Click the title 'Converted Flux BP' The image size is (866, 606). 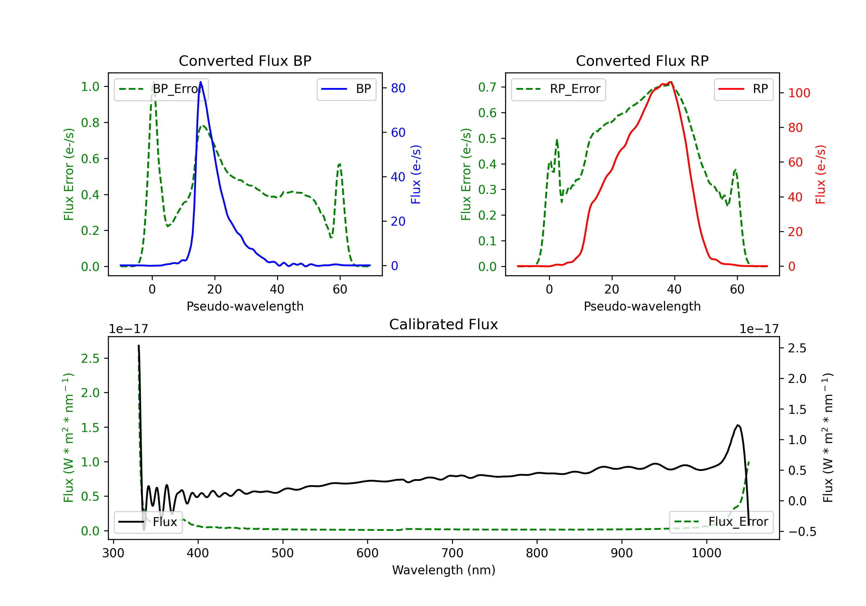[245, 61]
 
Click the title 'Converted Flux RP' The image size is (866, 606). [642, 61]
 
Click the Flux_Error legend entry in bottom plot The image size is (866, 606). [721, 522]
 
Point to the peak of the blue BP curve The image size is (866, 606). [200, 82]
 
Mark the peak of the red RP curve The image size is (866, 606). [670, 82]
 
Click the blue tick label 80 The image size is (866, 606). [398, 88]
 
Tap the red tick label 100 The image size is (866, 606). [799, 93]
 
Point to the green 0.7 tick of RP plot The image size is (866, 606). [487, 87]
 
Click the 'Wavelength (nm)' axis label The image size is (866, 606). [444, 570]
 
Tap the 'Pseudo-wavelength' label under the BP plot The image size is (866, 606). [245, 306]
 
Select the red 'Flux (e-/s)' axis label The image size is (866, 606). [820, 175]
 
